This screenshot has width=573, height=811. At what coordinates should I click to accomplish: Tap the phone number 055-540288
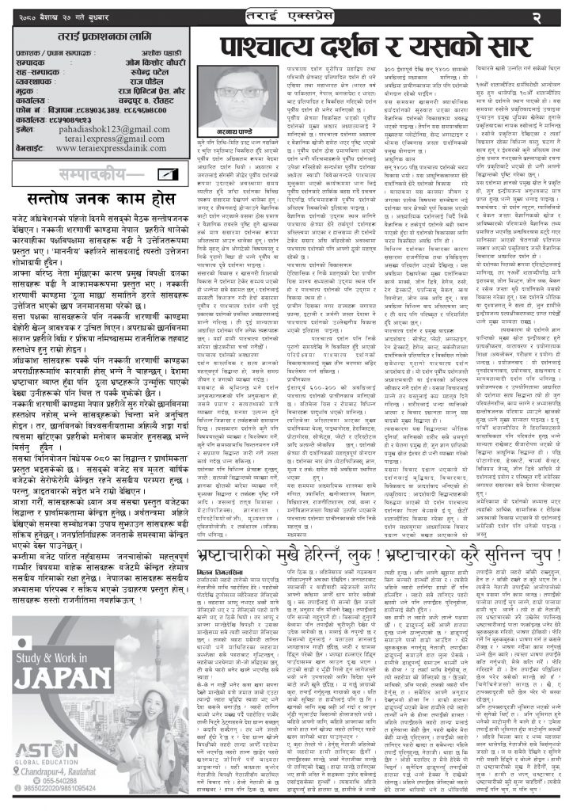53,790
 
